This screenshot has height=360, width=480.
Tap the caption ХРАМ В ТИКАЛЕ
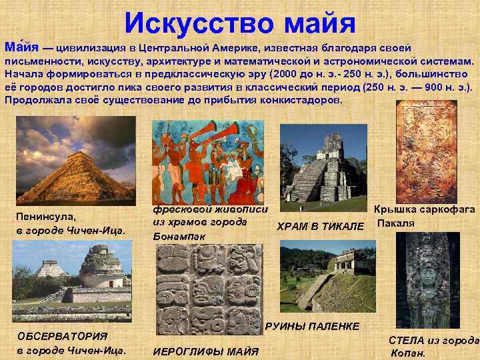coord(320,227)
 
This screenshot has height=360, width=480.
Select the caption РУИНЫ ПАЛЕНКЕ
coord(312,326)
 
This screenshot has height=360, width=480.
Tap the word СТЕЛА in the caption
coord(407,339)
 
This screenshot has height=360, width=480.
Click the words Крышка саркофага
coord(425,209)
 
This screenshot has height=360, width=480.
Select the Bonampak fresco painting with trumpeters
coord(210,161)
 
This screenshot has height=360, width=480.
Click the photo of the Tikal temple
coord(323,163)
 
